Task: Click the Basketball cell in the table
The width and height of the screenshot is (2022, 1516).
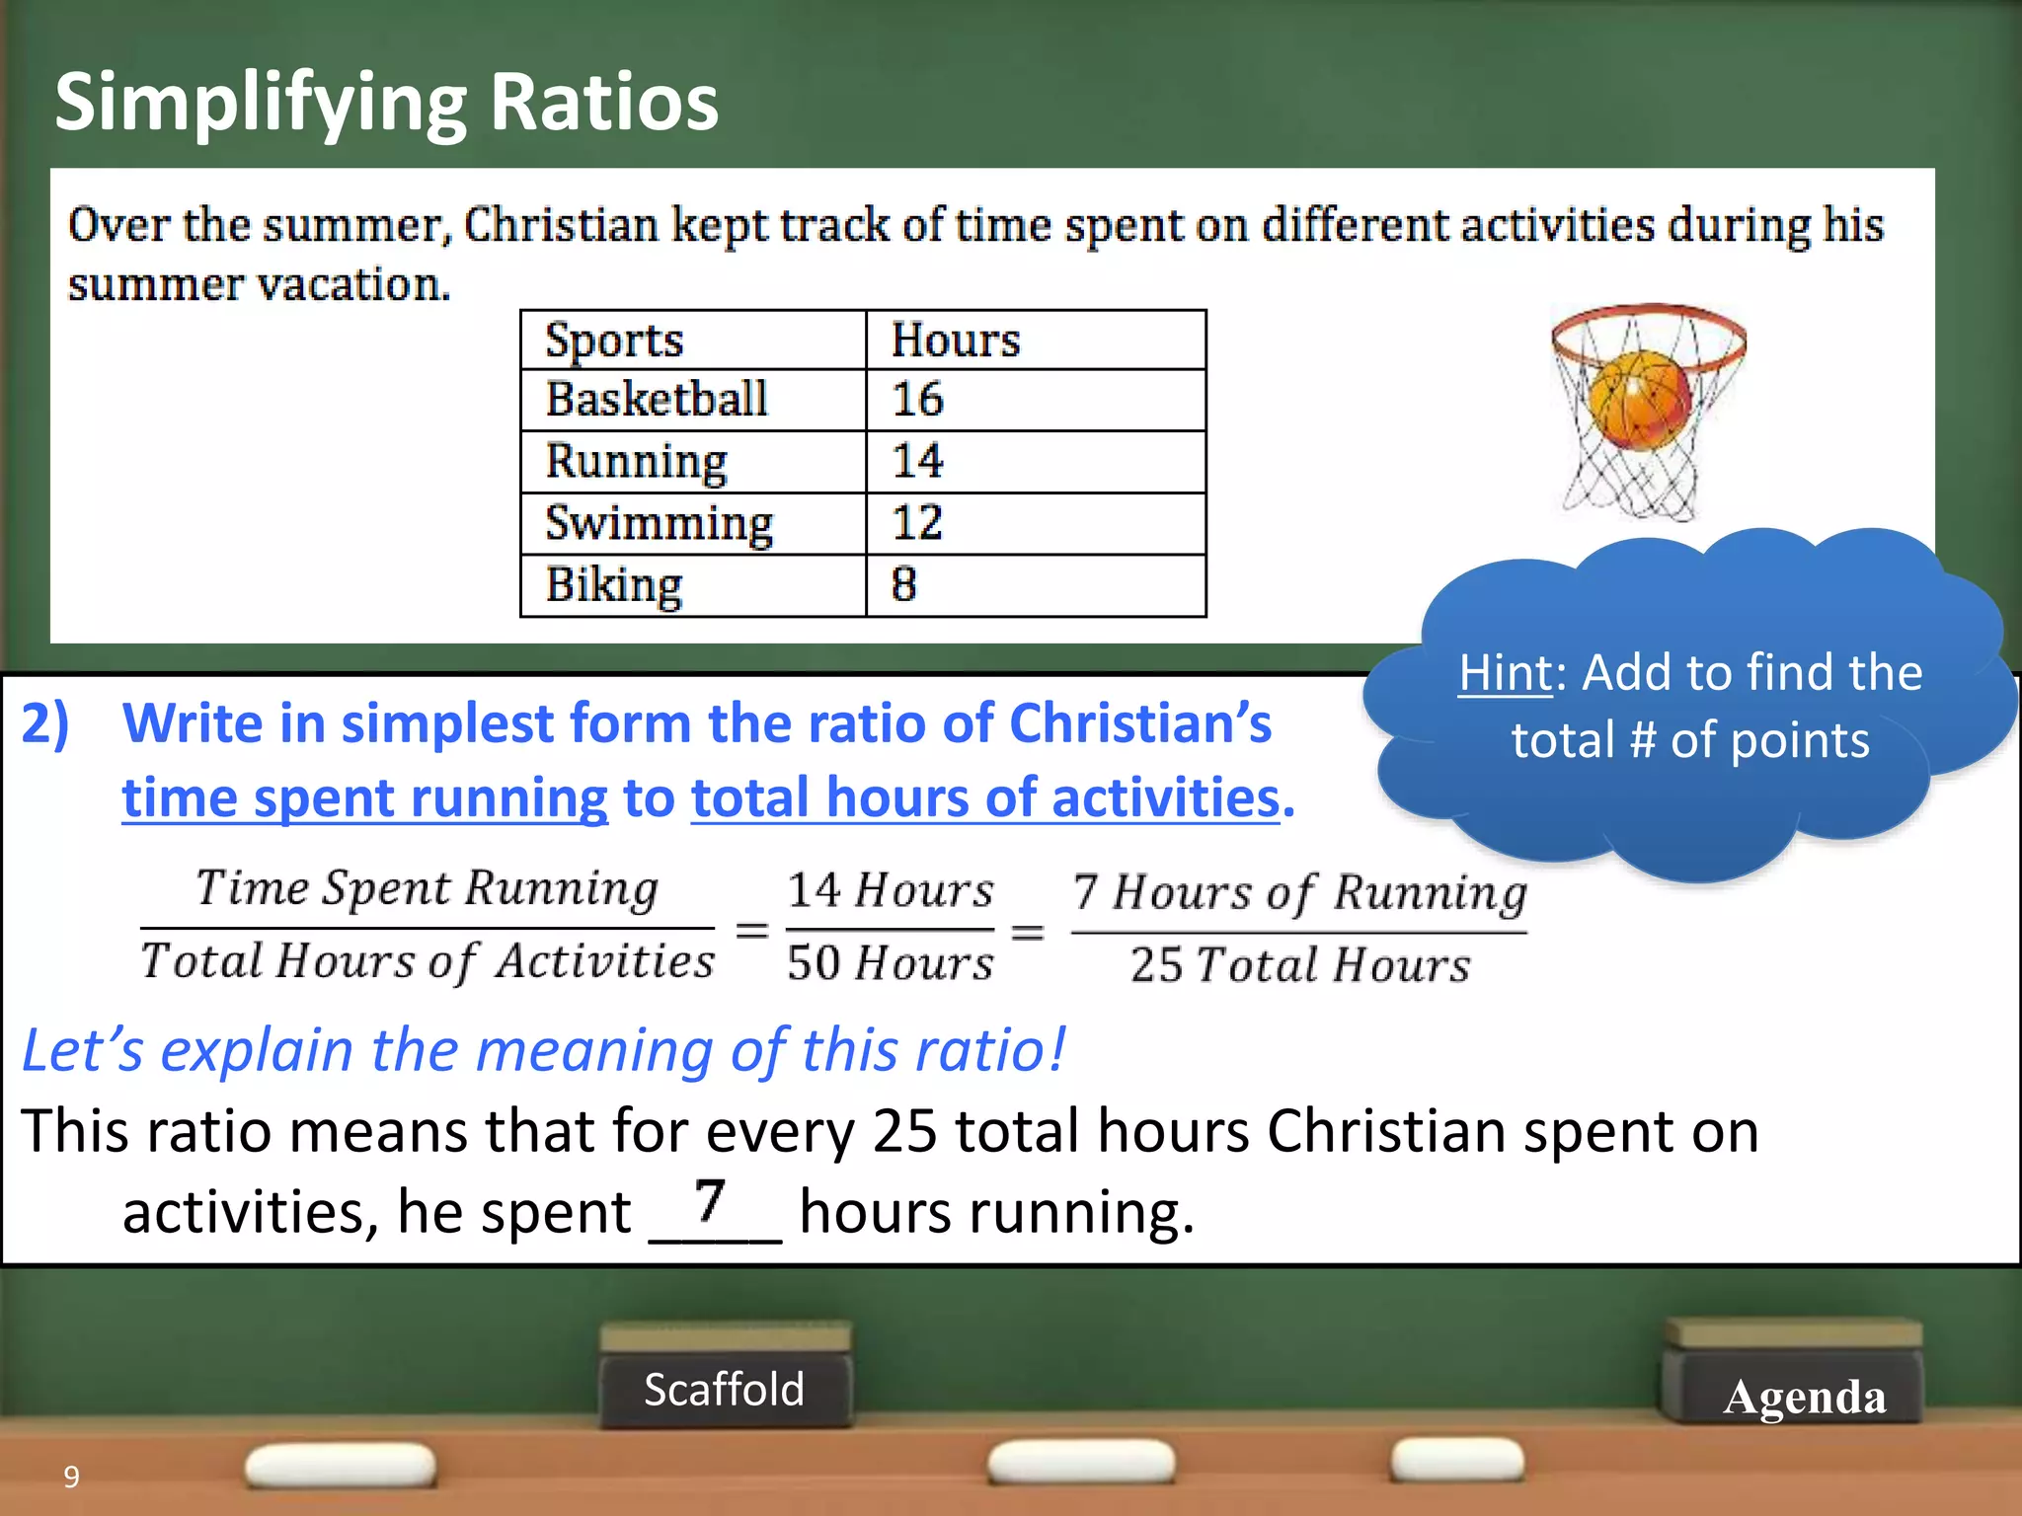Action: (x=657, y=400)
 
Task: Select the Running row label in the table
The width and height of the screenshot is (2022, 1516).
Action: (x=637, y=462)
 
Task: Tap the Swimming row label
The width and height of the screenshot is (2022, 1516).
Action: (x=660, y=523)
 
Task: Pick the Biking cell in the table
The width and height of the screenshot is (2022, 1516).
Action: (x=614, y=585)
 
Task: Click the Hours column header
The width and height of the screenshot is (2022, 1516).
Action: (x=955, y=340)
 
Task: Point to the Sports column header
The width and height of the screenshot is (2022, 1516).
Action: (x=614, y=341)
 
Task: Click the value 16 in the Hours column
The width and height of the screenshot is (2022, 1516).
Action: (x=917, y=400)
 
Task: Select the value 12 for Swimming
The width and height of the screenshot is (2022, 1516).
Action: (x=917, y=523)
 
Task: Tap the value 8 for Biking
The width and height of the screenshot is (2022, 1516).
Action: (x=903, y=584)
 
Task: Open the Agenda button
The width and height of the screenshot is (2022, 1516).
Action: (x=1804, y=1397)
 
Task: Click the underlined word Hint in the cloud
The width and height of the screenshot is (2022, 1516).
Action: (x=1505, y=673)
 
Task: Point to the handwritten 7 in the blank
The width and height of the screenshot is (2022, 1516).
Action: (x=709, y=1201)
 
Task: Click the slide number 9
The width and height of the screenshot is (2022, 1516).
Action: (x=71, y=1477)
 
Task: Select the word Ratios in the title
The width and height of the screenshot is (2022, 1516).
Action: (x=603, y=102)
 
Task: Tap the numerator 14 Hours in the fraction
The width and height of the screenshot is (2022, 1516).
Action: (x=890, y=890)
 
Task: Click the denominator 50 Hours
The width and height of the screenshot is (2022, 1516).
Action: (x=890, y=963)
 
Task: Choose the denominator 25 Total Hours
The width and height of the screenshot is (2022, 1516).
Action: (x=1299, y=965)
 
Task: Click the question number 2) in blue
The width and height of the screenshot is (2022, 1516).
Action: (x=45, y=723)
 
